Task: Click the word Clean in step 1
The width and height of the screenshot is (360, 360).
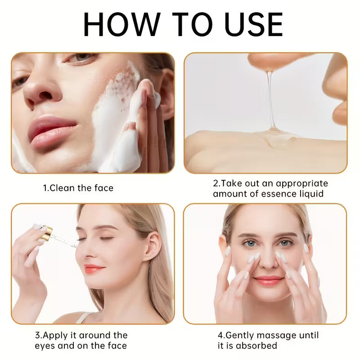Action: [63, 188]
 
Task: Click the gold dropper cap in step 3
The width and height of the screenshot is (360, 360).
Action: [45, 232]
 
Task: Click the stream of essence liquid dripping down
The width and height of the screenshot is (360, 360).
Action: [270, 101]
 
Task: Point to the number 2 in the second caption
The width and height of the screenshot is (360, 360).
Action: [216, 184]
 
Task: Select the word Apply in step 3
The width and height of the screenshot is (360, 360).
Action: [55, 335]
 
